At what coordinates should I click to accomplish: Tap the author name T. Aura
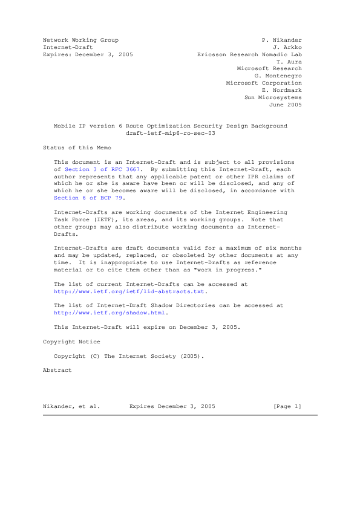(289, 62)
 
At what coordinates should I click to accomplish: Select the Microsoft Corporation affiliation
(263, 83)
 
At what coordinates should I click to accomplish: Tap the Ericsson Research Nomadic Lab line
(249, 54)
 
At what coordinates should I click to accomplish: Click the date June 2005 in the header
(284, 105)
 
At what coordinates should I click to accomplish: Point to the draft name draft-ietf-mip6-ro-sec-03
(170, 133)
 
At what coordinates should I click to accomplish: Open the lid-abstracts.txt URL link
(129, 291)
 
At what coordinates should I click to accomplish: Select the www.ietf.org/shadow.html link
(110, 313)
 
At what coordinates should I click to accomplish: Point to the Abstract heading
(57, 370)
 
